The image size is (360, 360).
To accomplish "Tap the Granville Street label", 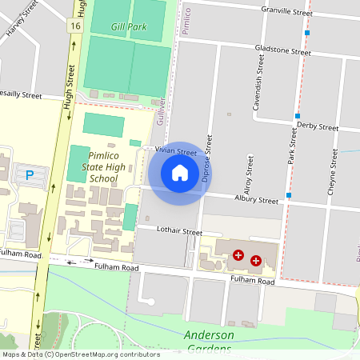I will point(286,10).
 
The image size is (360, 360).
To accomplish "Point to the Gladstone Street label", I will point(282,50).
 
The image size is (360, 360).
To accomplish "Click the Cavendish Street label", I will point(258,88).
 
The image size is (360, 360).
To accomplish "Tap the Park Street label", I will point(293,148).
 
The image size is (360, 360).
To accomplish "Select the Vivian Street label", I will point(176,151).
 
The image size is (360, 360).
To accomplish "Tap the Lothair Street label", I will point(179,230).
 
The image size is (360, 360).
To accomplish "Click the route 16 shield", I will point(75,26).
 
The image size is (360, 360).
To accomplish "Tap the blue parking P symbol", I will point(30,175).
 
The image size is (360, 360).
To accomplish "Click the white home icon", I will point(180,173).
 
